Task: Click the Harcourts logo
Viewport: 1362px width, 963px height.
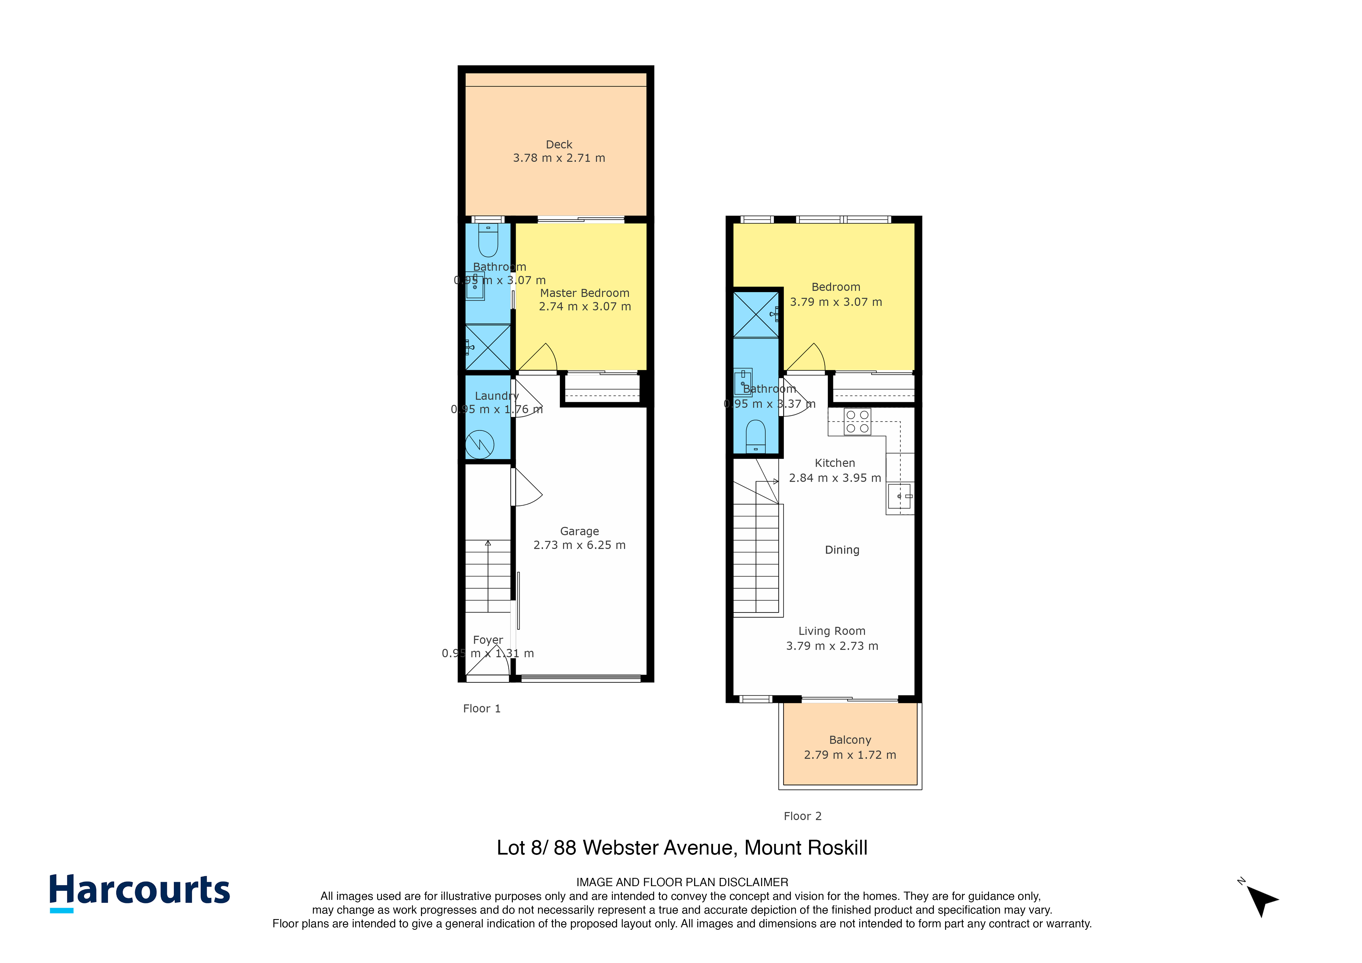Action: tap(139, 891)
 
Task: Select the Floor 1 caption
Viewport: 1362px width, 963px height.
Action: tap(482, 709)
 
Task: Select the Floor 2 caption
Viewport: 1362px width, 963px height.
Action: tap(802, 816)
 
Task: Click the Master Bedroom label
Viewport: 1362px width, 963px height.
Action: tap(584, 293)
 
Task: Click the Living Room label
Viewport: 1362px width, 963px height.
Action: tap(832, 631)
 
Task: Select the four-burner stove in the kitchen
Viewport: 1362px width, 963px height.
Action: tap(857, 422)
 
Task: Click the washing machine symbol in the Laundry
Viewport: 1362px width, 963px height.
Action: tap(480, 444)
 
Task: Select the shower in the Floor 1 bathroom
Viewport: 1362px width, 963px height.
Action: tap(488, 348)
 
